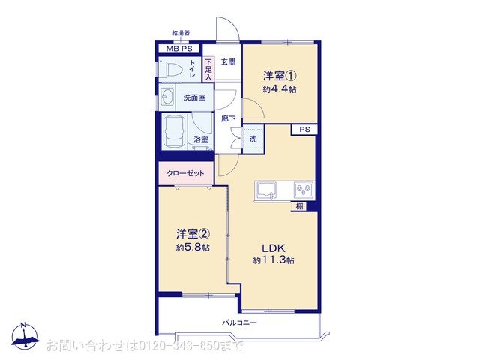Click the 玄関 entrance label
pyautogui.click(x=228, y=62)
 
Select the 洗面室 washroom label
pyautogui.click(x=194, y=97)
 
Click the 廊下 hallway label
pyautogui.click(x=228, y=118)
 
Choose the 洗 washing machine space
pyautogui.click(x=253, y=139)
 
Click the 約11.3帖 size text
pyautogui.click(x=273, y=260)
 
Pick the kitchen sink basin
pyautogui.click(x=266, y=190)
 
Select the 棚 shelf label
pyautogui.click(x=299, y=206)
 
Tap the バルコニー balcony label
pyautogui.click(x=239, y=322)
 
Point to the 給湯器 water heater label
pyautogui.click(x=181, y=33)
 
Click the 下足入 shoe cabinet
pyautogui.click(x=208, y=70)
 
